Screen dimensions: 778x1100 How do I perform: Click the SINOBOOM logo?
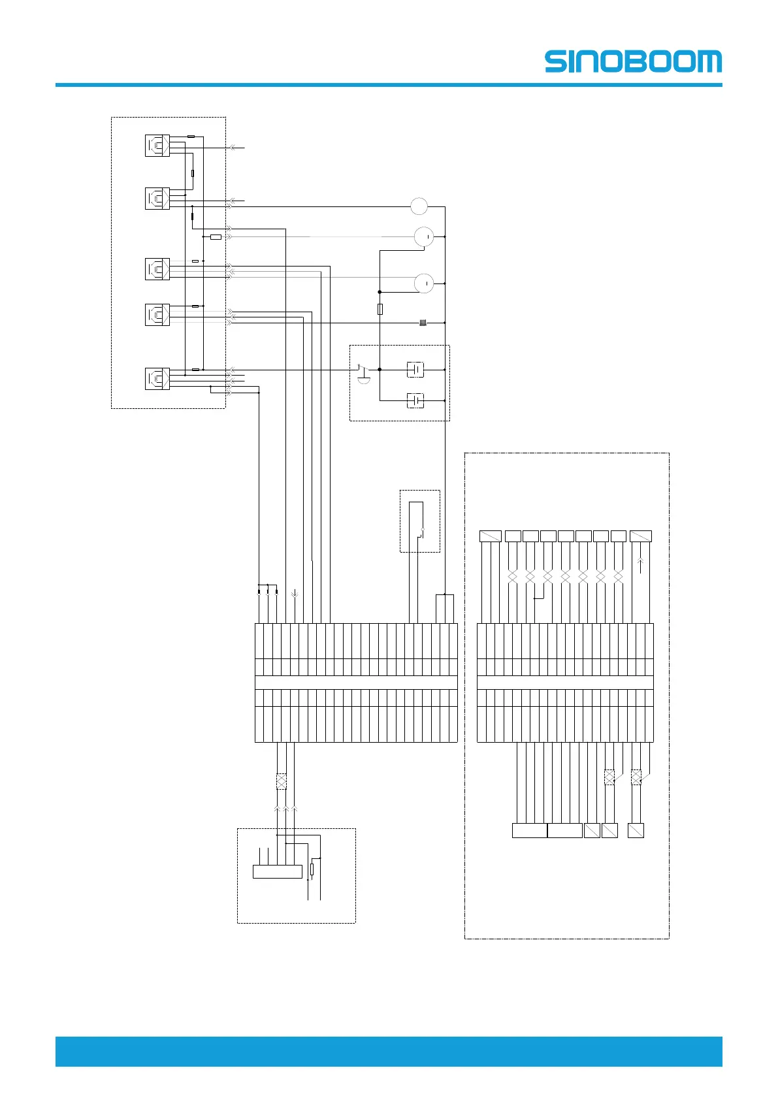pos(633,61)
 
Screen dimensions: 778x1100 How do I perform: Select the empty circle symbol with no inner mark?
pos(419,206)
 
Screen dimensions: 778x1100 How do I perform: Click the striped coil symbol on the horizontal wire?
pos(423,323)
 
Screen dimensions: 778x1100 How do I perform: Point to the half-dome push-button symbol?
pos(364,376)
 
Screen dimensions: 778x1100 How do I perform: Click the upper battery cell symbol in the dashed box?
pos(415,370)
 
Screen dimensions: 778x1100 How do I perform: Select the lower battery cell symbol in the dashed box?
pos(415,400)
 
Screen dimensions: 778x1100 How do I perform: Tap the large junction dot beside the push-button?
pos(380,370)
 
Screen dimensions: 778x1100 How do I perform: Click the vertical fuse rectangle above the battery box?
pos(380,309)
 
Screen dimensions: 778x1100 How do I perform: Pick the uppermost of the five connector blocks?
pos(157,145)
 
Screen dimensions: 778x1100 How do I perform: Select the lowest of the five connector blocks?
pos(157,379)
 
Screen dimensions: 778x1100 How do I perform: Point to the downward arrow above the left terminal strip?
pos(295,594)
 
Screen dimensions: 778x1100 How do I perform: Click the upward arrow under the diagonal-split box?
pos(641,565)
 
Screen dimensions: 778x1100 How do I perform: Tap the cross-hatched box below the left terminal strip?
pos(282,781)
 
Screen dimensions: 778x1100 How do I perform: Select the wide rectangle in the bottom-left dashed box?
pos(278,871)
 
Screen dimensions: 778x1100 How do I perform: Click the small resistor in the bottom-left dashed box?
pos(312,869)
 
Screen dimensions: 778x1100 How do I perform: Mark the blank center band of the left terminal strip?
pos(356,683)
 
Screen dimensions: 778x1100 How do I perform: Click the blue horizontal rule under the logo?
pos(389,85)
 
